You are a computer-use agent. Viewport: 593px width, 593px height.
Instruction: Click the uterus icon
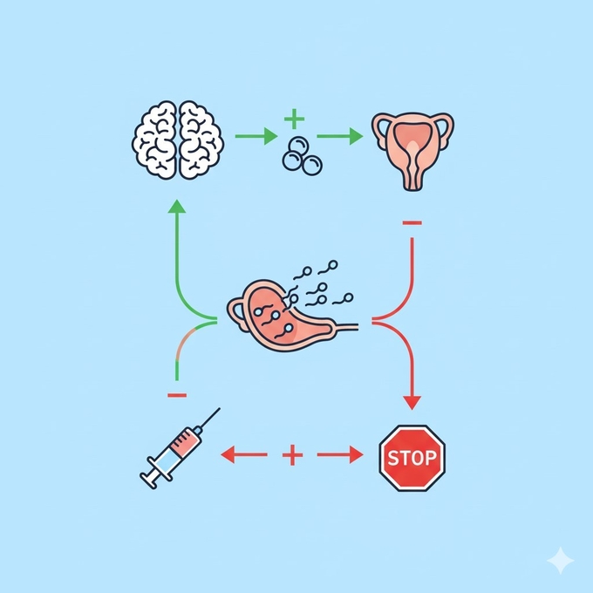(x=412, y=147)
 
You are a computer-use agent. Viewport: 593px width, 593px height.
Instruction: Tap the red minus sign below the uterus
(x=412, y=223)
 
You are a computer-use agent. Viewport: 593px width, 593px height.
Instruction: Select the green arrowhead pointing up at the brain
(x=177, y=207)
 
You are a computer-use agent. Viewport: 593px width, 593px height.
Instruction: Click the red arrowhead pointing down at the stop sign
(x=412, y=402)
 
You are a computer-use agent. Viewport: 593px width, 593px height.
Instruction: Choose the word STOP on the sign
(x=412, y=457)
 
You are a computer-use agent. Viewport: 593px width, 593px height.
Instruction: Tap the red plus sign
(x=293, y=453)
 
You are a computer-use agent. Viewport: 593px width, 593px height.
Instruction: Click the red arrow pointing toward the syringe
(x=243, y=453)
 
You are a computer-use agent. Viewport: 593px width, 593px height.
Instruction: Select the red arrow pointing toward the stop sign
(x=340, y=453)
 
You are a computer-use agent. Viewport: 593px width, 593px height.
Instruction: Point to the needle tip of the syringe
(x=217, y=409)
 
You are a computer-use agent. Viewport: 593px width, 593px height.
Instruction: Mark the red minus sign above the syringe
(x=176, y=395)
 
